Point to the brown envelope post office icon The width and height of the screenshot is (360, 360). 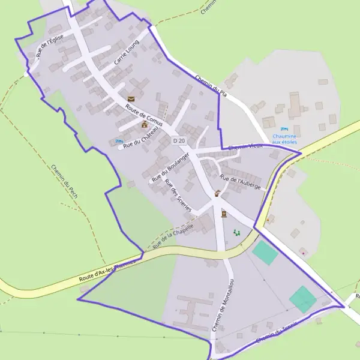[x=131, y=99]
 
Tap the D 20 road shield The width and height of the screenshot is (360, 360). [x=177, y=140]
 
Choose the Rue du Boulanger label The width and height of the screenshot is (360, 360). [x=171, y=167]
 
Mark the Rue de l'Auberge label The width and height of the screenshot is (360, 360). [x=240, y=182]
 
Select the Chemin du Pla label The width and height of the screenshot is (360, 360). [x=211, y=85]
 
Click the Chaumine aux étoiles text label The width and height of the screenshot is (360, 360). [x=285, y=139]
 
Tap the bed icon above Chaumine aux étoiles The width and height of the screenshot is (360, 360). [x=285, y=128]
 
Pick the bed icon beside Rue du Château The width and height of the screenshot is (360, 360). [x=118, y=142]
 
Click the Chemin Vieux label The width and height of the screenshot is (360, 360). [x=246, y=146]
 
